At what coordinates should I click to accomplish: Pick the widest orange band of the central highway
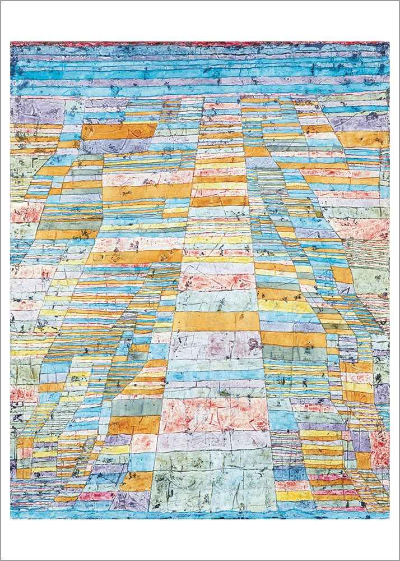(216, 321)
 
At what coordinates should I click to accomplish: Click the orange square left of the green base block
(137, 480)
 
